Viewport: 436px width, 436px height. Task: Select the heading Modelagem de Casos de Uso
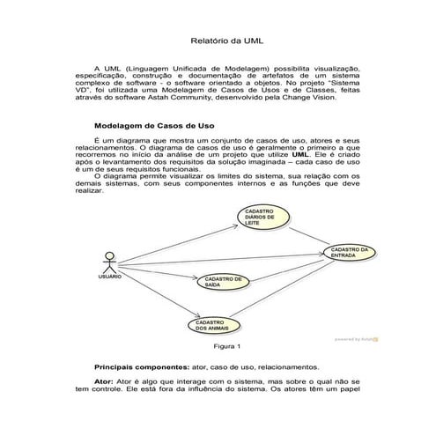click(x=153, y=126)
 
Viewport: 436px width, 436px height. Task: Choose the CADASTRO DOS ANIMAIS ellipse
click(x=214, y=326)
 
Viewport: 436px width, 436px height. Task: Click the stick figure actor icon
click(x=108, y=261)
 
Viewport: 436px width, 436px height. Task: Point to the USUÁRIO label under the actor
click(x=109, y=277)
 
